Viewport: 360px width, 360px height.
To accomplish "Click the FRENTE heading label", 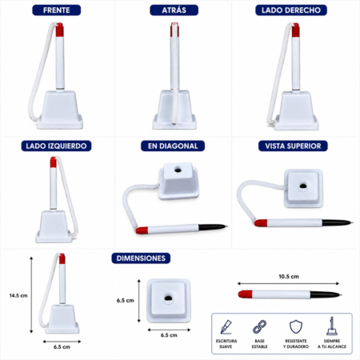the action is coord(57,10).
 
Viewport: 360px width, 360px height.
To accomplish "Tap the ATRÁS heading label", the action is coord(174,10).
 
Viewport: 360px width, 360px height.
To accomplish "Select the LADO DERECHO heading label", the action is coord(291,10).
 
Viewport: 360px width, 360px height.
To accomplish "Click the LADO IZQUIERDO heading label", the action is coord(56,146).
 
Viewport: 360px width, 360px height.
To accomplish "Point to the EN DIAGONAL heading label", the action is coord(173,146).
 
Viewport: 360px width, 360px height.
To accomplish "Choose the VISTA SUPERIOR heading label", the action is coord(293,146).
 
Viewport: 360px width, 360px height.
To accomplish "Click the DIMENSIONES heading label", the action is coord(141,258).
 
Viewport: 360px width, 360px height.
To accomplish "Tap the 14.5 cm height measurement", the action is coord(18,295).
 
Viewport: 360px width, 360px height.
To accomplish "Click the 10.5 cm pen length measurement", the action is coord(289,277).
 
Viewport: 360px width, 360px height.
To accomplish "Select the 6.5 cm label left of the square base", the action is coord(126,301).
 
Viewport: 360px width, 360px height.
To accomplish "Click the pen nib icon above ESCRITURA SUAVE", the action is coord(226,327).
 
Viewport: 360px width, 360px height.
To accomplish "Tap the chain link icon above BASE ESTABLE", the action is coord(259,327).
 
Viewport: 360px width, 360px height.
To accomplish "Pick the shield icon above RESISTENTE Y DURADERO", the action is coord(296,327).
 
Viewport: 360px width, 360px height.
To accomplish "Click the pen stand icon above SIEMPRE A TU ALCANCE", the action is coord(332,326).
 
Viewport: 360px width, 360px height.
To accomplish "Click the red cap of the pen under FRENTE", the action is coord(59,30).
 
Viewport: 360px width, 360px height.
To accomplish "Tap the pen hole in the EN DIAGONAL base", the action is coord(178,170).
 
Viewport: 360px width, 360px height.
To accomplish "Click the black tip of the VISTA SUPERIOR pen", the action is coord(338,222).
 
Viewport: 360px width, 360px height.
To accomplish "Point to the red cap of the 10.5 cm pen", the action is coord(246,294).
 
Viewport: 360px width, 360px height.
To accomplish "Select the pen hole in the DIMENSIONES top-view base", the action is coord(168,298).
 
